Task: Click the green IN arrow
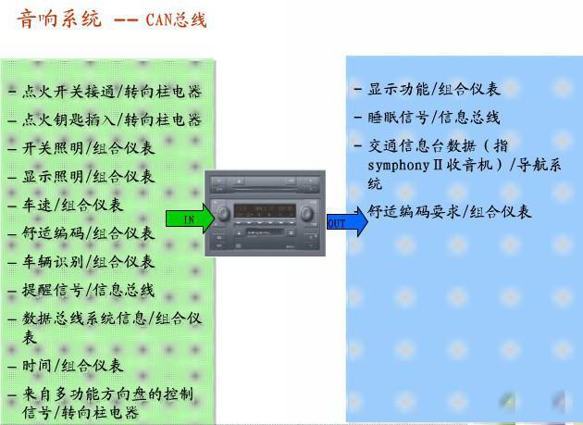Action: click(x=190, y=219)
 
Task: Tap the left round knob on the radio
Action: click(x=223, y=215)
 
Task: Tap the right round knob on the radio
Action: click(x=306, y=215)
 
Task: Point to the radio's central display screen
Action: click(x=265, y=211)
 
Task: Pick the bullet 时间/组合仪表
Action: click(x=73, y=366)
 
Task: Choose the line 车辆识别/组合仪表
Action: click(x=89, y=262)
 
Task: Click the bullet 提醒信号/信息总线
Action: click(x=89, y=290)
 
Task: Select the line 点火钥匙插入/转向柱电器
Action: click(x=111, y=119)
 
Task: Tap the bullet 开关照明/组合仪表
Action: click(x=89, y=148)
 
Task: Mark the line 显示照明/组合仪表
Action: click(x=89, y=176)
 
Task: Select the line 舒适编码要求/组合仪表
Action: click(x=450, y=211)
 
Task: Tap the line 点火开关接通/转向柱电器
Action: click(x=111, y=92)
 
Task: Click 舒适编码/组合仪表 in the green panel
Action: click(x=89, y=233)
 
